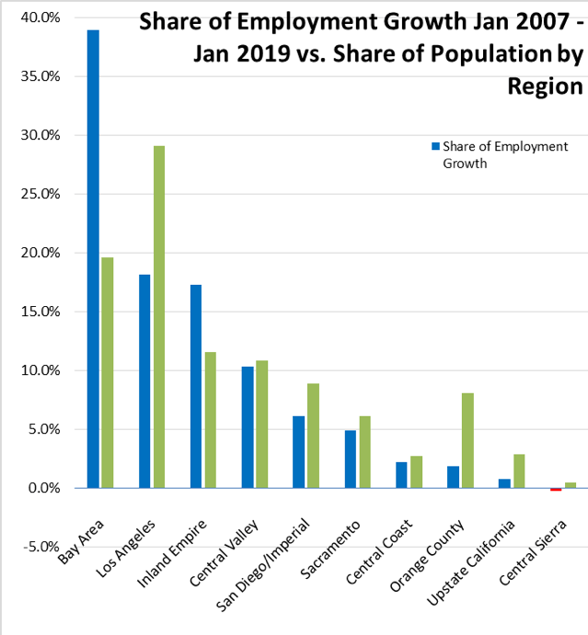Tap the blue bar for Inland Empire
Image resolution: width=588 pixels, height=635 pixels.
point(196,386)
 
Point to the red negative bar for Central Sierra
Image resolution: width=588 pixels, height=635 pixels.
point(556,490)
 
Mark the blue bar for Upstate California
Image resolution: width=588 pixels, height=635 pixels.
point(504,483)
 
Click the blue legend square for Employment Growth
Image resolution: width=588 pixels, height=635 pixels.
point(436,146)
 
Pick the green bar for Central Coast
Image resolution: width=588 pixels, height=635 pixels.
point(416,471)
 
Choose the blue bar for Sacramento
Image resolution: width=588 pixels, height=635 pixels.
point(351,459)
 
